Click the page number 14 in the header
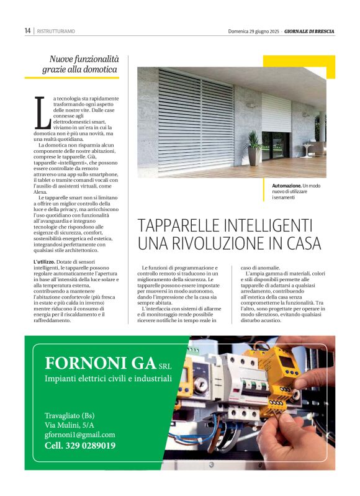click(x=28, y=30)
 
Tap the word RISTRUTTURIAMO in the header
click(x=56, y=31)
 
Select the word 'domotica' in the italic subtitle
click(x=100, y=70)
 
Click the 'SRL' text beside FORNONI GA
click(x=164, y=365)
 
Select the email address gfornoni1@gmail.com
click(x=79, y=435)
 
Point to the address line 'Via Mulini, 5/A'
click(x=70, y=425)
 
